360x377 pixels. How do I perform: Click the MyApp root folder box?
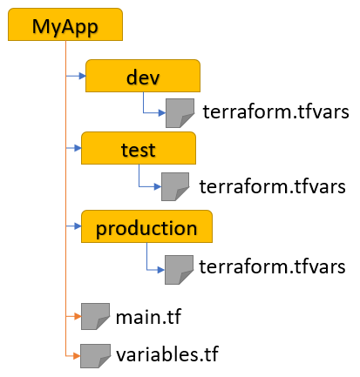click(x=65, y=24)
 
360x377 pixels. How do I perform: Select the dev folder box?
click(x=143, y=76)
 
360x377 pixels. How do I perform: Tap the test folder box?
click(x=139, y=148)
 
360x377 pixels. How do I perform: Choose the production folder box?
click(x=146, y=226)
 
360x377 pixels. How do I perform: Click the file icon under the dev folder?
click(x=180, y=113)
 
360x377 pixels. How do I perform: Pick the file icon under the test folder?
click(x=175, y=186)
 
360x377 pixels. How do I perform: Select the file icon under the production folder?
click(x=179, y=270)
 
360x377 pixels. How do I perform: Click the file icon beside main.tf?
click(x=95, y=316)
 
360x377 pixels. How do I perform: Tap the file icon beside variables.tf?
click(x=95, y=356)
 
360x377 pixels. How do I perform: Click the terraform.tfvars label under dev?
click(x=275, y=111)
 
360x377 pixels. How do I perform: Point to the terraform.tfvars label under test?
click(x=272, y=186)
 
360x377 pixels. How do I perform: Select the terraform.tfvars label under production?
click(x=272, y=266)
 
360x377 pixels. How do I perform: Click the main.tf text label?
click(x=148, y=317)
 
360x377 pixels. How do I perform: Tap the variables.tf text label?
click(x=167, y=353)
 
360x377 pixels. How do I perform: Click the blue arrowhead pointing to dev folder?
click(x=82, y=76)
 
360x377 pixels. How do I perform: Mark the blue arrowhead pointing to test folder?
click(x=78, y=148)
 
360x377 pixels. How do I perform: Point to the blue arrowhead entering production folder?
click(x=78, y=226)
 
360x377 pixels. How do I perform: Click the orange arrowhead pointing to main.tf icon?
click(x=78, y=316)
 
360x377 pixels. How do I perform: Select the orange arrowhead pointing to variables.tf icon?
click(x=77, y=356)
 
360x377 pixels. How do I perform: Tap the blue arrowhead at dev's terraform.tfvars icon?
click(x=162, y=113)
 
